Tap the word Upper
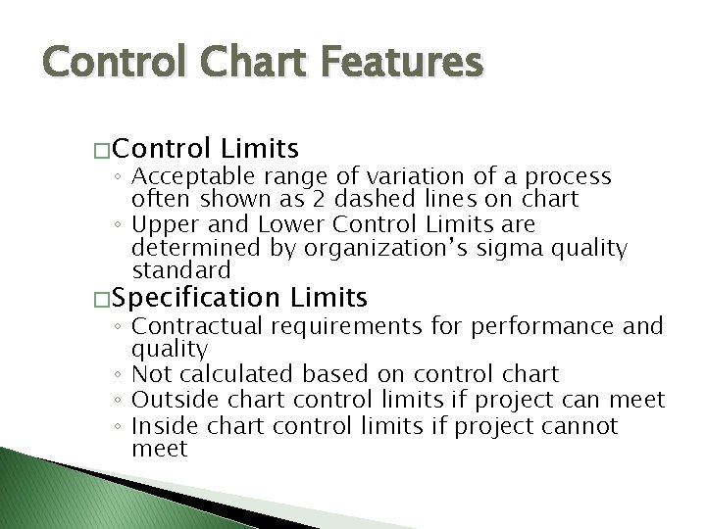(162, 224)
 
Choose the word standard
(180, 269)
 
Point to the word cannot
(582, 426)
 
